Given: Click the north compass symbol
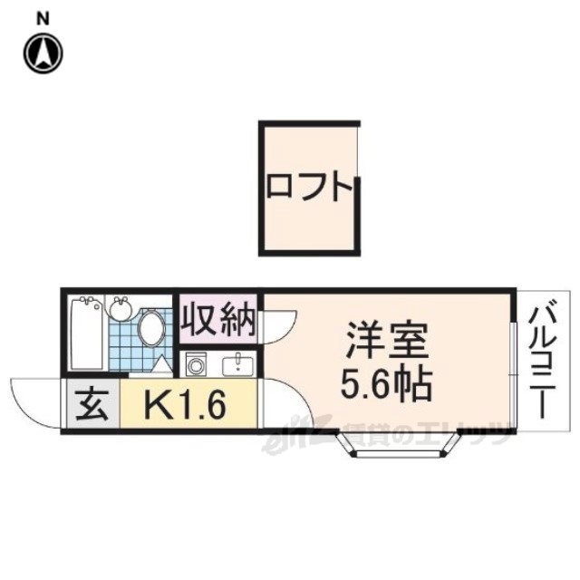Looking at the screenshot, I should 43,52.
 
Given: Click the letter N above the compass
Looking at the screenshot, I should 43,17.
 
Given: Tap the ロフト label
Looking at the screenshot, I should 308,188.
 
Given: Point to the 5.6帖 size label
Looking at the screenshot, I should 385,387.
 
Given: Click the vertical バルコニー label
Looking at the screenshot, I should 546,358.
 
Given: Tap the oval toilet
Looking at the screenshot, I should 151,328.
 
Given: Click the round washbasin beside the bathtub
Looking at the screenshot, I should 121,308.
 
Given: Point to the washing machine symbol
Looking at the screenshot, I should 196,365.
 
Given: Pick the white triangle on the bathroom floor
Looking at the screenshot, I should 160,364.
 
